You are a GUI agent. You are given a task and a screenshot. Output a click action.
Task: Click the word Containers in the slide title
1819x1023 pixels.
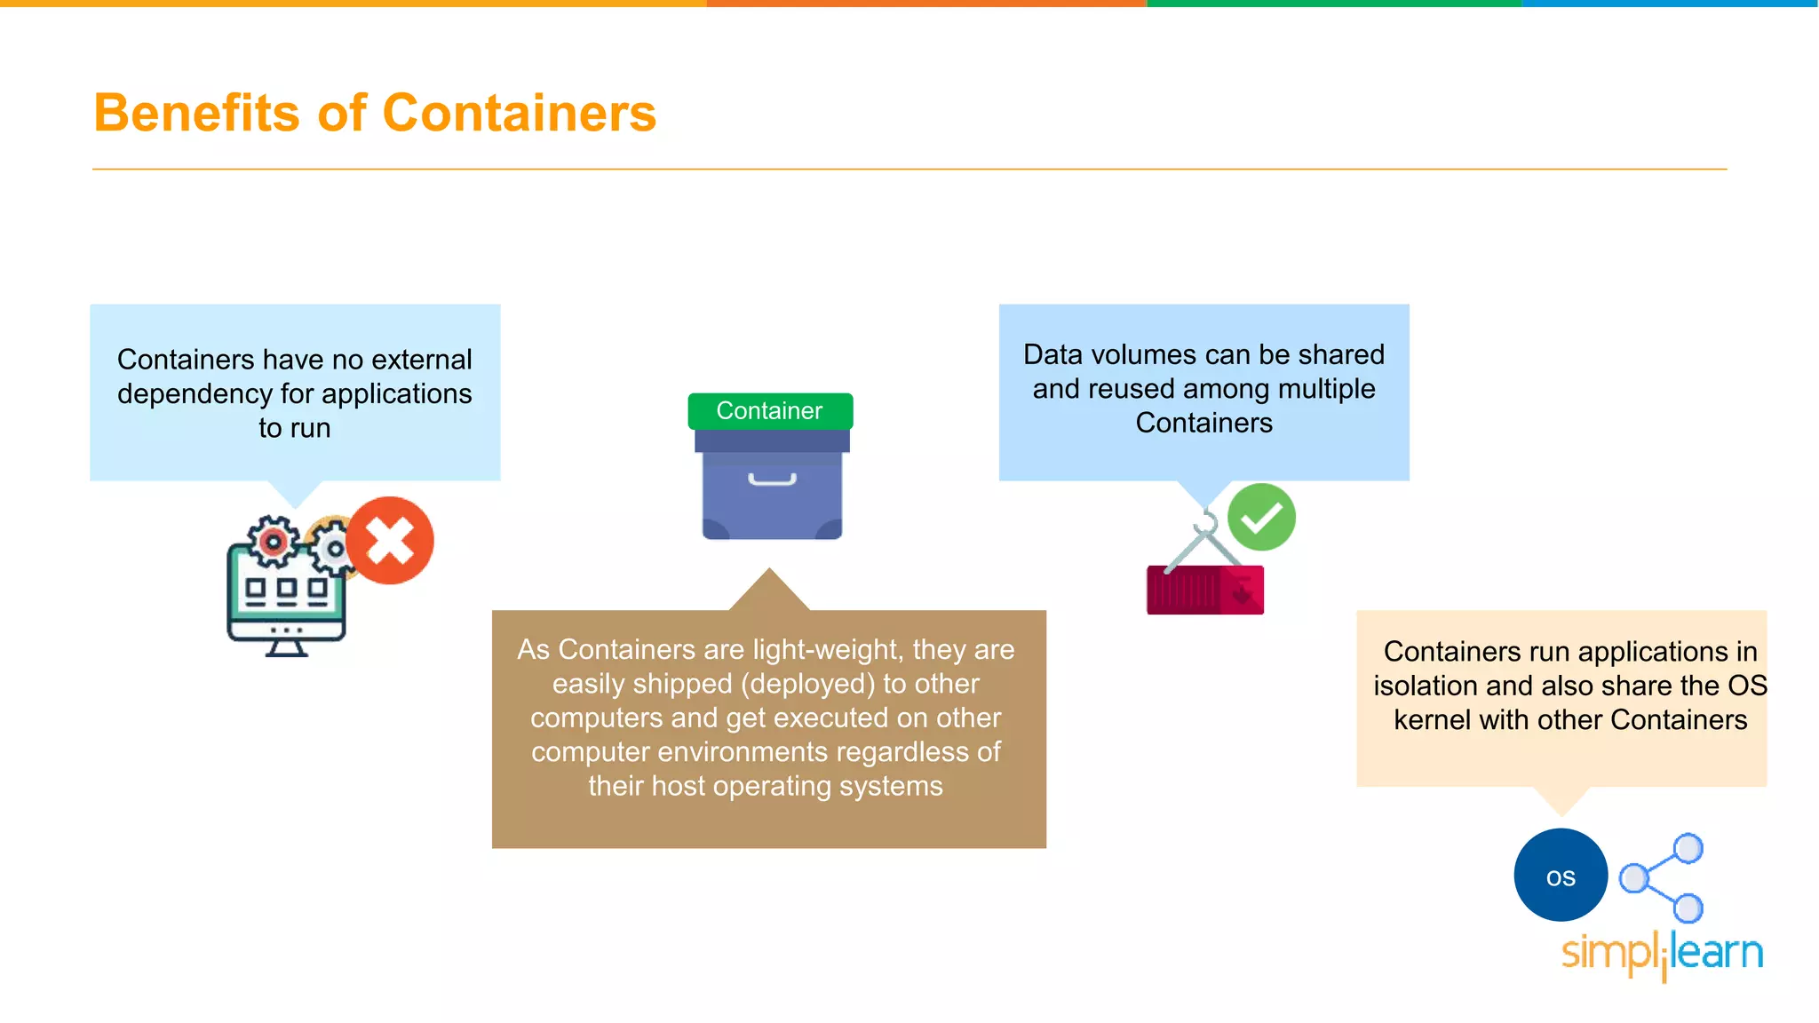pyautogui.click(x=519, y=114)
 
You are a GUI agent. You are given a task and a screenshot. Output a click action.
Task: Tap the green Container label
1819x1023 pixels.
pyautogui.click(x=769, y=411)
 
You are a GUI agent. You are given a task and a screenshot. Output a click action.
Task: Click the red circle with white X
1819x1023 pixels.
pyautogui.click(x=390, y=540)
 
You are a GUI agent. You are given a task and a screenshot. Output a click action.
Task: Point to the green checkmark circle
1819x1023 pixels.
pyautogui.click(x=1261, y=517)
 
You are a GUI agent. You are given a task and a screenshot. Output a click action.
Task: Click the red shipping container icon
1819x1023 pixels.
pyautogui.click(x=1204, y=590)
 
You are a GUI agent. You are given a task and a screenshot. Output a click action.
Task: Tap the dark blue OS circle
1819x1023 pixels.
pyautogui.click(x=1561, y=876)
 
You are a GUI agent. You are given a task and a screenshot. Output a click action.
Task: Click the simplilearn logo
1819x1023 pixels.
pyautogui.click(x=1662, y=954)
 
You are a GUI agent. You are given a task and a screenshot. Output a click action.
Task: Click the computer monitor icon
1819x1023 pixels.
pyautogui.click(x=286, y=600)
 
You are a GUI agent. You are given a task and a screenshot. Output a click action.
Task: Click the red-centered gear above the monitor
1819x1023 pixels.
pyautogui.click(x=272, y=541)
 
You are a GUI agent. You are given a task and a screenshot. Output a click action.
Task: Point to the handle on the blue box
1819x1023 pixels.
pyautogui.click(x=772, y=480)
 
